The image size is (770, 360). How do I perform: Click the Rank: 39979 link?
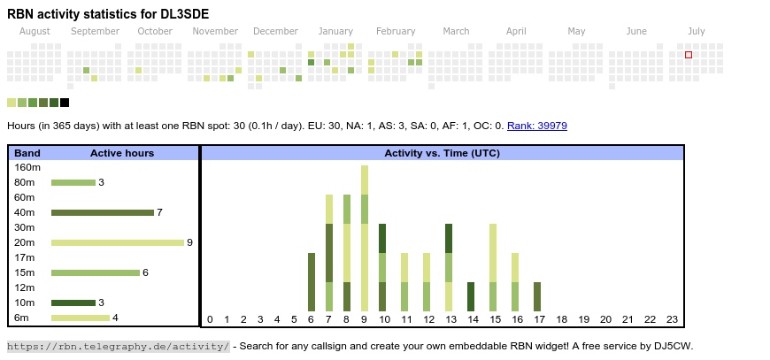[537, 126]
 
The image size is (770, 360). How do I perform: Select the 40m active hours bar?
[103, 212]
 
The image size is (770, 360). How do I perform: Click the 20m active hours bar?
[118, 242]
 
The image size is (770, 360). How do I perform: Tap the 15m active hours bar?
[96, 272]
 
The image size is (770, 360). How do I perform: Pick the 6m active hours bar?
[81, 318]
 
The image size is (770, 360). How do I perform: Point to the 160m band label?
[27, 167]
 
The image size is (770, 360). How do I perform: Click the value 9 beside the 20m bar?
[189, 242]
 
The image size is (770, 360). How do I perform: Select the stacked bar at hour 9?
[365, 238]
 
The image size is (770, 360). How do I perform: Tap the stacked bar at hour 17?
[537, 296]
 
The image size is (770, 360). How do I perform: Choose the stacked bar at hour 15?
[493, 267]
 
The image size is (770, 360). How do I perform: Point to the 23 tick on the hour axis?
[672, 319]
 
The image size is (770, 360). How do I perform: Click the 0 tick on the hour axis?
[210, 319]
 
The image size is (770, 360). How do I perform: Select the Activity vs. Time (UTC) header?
[442, 153]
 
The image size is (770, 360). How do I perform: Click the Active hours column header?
[122, 153]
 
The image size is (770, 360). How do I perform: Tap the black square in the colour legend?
[65, 103]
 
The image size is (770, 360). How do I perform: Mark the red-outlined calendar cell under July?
[689, 55]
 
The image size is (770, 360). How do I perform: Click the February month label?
[396, 31]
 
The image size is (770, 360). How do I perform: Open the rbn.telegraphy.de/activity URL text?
[119, 346]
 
